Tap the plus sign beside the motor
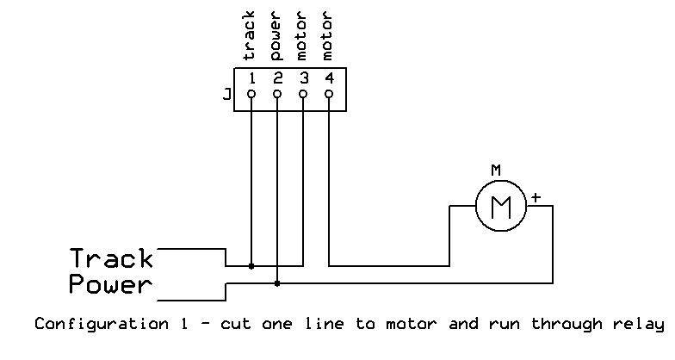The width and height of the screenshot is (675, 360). coord(536,197)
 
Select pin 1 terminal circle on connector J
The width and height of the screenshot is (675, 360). coord(251,95)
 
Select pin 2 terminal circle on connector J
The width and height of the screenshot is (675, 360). coord(276,95)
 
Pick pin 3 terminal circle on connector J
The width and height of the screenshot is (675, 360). coord(303,95)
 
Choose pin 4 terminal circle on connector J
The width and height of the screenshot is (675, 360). coord(329,95)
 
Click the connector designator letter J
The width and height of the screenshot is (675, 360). coord(226,95)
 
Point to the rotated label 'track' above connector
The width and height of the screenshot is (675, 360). coord(250,37)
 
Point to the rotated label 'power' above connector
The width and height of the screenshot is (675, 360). coord(276,37)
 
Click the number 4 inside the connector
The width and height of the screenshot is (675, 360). coord(329,78)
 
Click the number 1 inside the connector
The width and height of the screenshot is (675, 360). coord(251,78)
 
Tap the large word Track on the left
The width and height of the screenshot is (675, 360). coord(112,258)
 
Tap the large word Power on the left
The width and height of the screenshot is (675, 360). coord(110,284)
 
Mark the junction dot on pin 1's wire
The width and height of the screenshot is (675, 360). coord(251,266)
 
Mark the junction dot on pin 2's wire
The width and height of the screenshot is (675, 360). coord(276,282)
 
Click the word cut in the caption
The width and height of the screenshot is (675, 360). coord(235,325)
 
